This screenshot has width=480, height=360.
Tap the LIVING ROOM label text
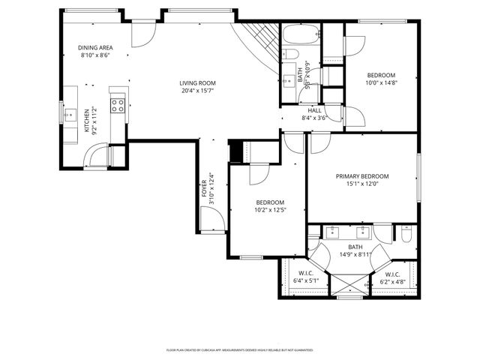tap(197, 83)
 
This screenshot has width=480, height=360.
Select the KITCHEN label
tap(87, 120)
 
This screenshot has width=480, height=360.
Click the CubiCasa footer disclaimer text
tap(239, 349)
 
